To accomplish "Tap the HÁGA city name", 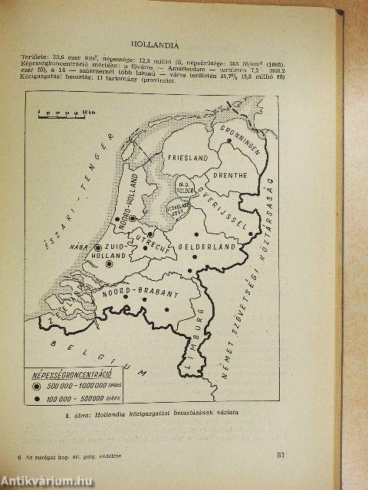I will point(80,247).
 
